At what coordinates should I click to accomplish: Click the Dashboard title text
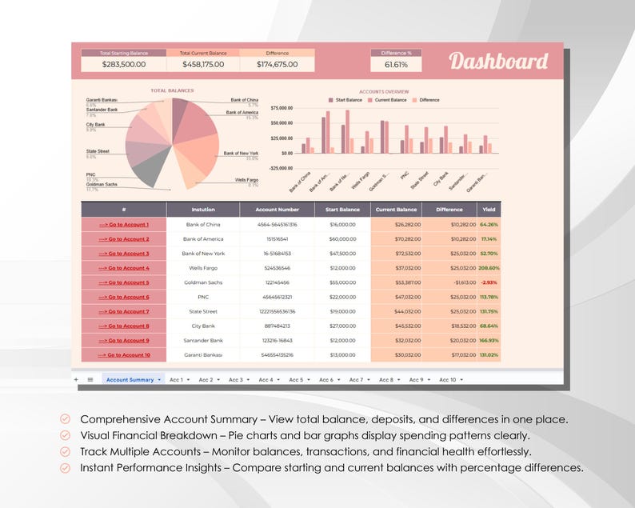[498, 62]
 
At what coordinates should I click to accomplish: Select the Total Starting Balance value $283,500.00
[124, 65]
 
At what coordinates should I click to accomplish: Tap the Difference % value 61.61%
[395, 65]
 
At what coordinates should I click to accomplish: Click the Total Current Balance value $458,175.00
[202, 65]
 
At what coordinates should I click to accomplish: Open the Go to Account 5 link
[124, 282]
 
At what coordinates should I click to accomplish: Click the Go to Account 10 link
[124, 354]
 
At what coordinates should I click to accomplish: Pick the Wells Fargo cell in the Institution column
[203, 268]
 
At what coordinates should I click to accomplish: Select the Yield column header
[489, 210]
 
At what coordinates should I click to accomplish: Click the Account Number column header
[277, 210]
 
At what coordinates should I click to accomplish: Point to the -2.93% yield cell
[489, 282]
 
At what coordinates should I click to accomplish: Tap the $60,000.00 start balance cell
[341, 239]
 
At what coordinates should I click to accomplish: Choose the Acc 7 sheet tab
[355, 380]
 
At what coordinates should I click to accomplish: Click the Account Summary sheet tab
[130, 380]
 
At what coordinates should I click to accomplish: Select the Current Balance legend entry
[390, 100]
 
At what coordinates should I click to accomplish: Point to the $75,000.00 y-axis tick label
[282, 107]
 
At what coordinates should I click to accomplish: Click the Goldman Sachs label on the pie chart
[102, 185]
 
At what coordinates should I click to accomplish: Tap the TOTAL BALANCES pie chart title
[172, 91]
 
